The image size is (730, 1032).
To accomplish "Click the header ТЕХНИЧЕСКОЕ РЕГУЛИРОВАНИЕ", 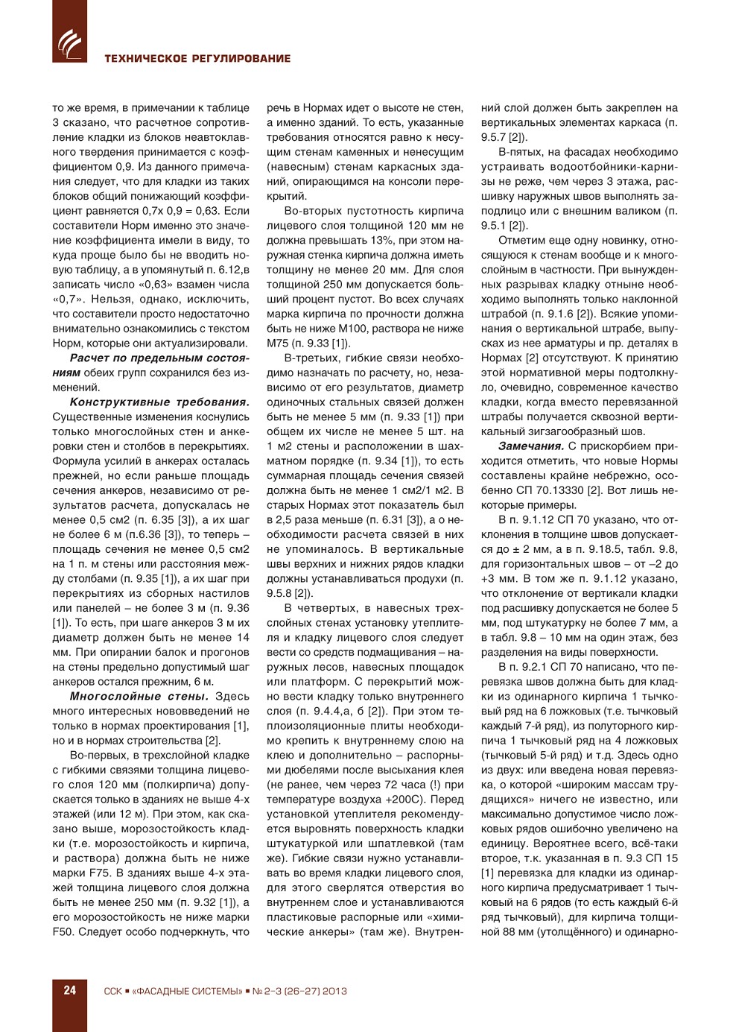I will pyautogui.click(x=197, y=58).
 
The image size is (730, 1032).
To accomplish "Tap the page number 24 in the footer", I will pyautogui.click(x=69, y=990).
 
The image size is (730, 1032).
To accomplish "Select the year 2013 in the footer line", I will pyautogui.click(x=335, y=991).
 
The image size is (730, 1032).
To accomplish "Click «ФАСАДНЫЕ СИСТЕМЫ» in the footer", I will pyautogui.click(x=187, y=991).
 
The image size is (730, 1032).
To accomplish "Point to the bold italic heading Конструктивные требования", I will pyautogui.click(x=159, y=402).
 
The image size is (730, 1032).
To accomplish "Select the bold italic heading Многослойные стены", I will pyautogui.click(x=139, y=696).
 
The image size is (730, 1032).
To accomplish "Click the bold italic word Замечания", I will pyautogui.click(x=531, y=446).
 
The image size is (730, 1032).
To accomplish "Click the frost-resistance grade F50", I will pyautogui.click(x=64, y=931).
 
